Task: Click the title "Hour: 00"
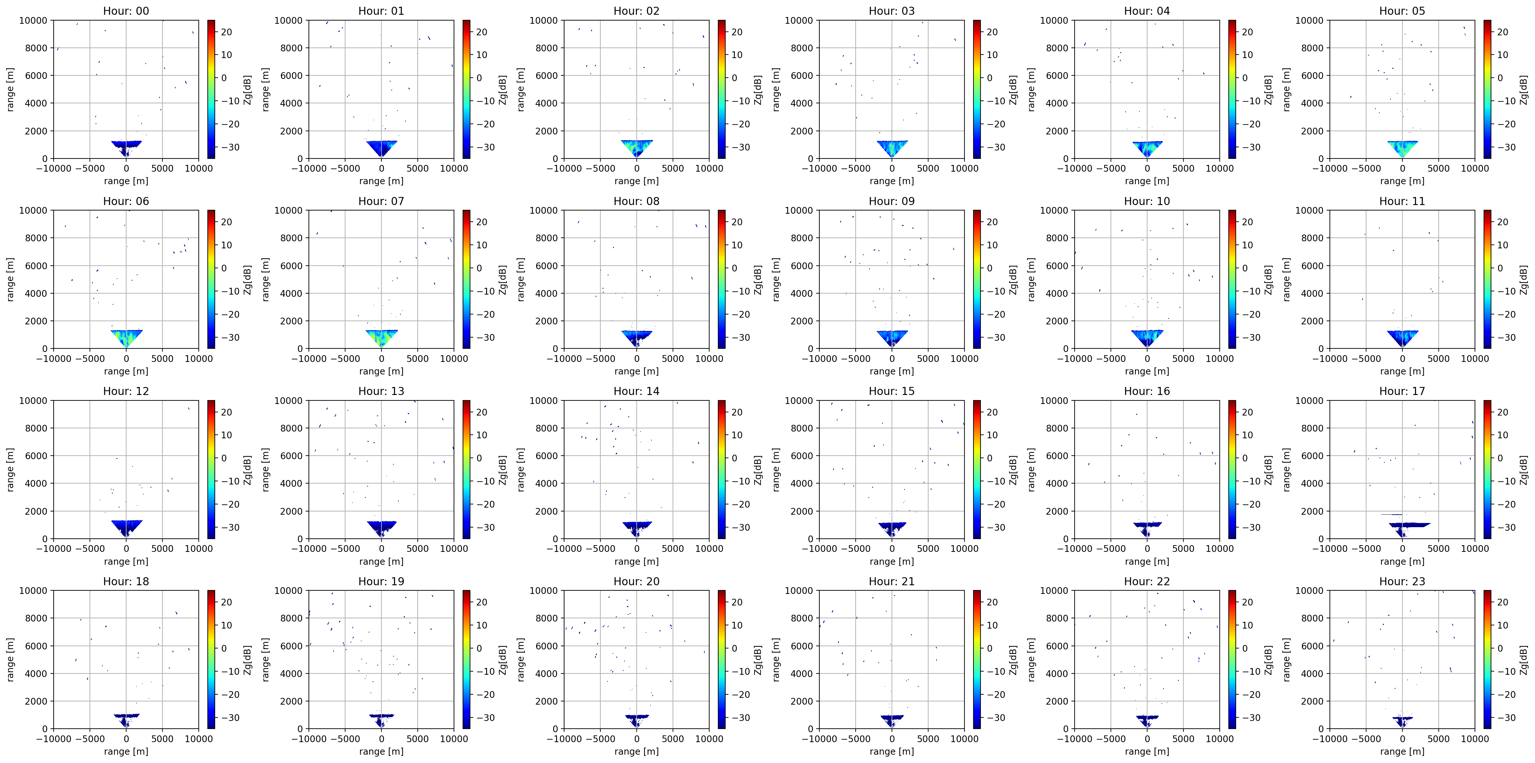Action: tap(126, 11)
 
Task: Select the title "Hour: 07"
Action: tap(381, 201)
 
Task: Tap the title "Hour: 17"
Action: tap(1402, 391)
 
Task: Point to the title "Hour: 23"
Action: tap(1402, 581)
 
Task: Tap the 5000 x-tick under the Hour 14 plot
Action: tap(673, 549)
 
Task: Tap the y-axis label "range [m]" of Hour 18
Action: tap(10, 659)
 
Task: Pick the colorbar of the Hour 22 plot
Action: tap(1232, 659)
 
